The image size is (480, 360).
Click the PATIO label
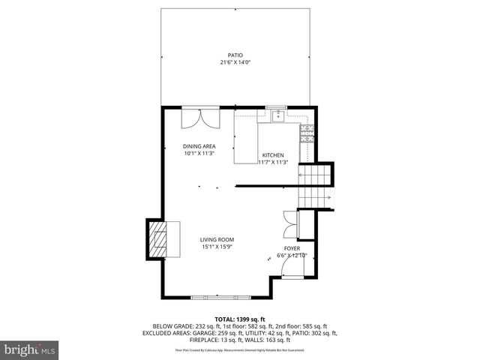pyautogui.click(x=235, y=55)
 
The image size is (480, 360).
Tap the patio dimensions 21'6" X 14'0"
pyautogui.click(x=235, y=62)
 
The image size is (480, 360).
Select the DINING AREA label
pyautogui.click(x=199, y=146)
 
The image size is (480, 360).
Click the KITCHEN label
pyautogui.click(x=273, y=154)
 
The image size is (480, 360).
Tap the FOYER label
pyautogui.click(x=292, y=248)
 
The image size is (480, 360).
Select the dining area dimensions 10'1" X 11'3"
pyautogui.click(x=199, y=153)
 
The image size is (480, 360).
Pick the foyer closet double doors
pyautogui.click(x=289, y=223)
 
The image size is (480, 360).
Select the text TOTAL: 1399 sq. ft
pyautogui.click(x=240, y=319)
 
